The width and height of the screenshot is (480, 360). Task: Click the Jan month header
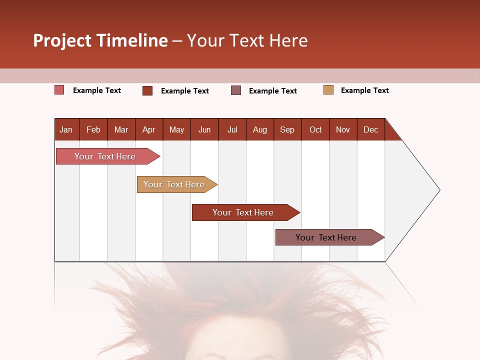[66, 129]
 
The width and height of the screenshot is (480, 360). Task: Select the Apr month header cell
[149, 129]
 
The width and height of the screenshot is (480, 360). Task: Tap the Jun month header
[204, 129]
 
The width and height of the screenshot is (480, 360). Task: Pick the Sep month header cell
[287, 129]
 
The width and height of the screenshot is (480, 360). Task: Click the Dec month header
[370, 129]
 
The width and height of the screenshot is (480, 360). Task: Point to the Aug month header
[260, 129]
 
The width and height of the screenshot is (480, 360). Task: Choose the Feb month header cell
[93, 129]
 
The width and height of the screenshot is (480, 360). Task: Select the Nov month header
[343, 129]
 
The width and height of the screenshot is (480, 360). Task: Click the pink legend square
[59, 90]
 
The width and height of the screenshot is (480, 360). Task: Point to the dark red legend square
[147, 90]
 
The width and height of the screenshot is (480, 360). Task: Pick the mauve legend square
[236, 90]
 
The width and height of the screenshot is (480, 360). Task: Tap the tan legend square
[328, 90]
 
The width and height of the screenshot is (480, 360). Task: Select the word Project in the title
[62, 40]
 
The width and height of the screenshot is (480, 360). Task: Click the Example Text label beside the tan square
[364, 90]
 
